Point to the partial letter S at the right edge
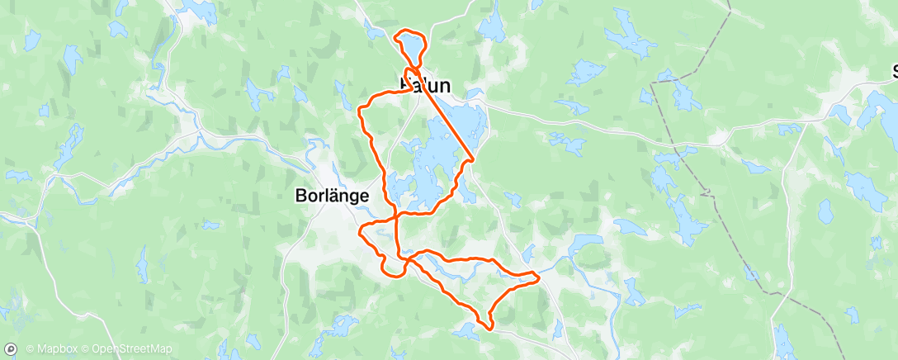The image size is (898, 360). click(x=894, y=72)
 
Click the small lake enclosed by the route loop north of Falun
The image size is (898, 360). click(x=412, y=47)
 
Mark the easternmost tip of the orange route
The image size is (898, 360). click(x=539, y=277)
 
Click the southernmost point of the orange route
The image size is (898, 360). click(x=489, y=328)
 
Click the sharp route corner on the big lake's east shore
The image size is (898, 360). click(x=473, y=158)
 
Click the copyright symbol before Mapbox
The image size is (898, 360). click(x=30, y=349)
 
